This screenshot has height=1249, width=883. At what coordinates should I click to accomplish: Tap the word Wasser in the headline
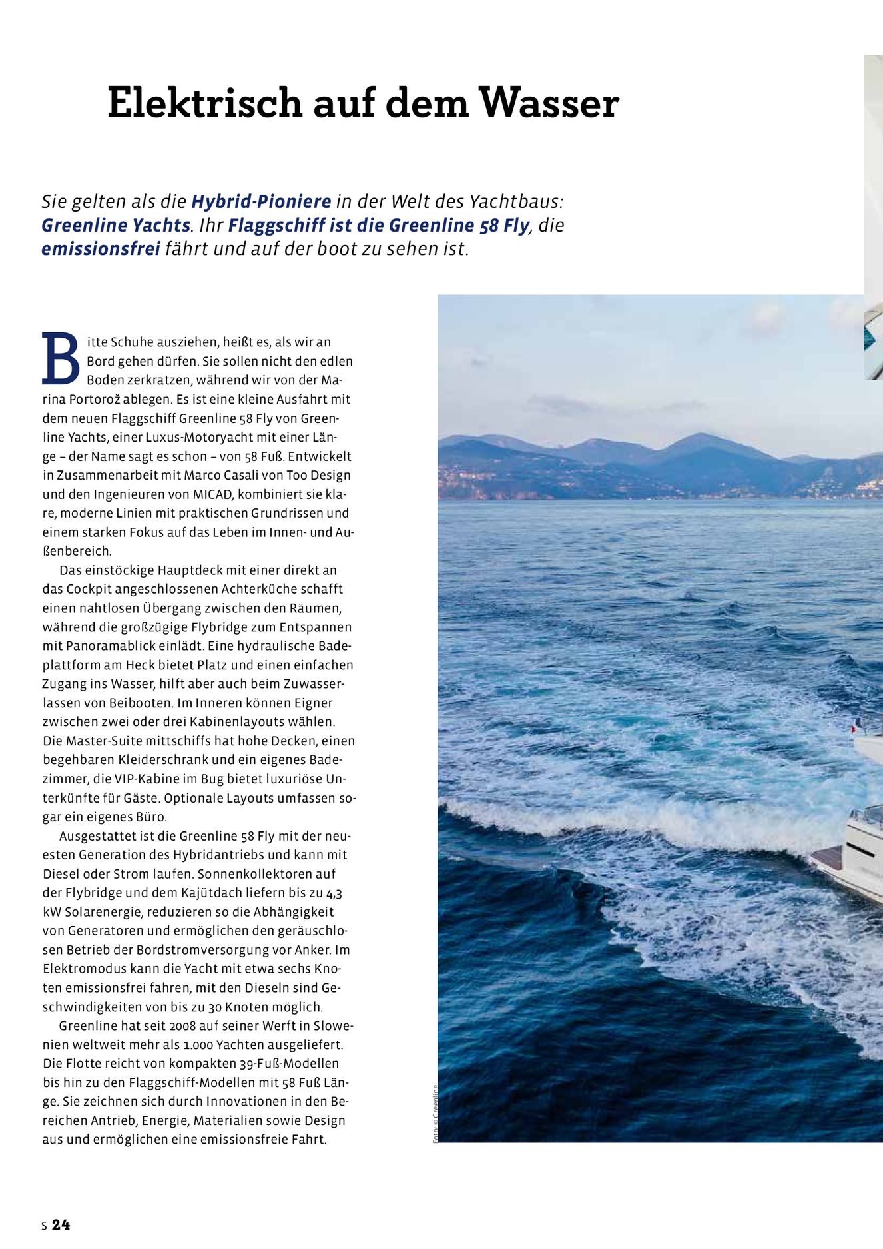549,103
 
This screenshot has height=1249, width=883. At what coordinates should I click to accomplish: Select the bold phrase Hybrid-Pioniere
261,201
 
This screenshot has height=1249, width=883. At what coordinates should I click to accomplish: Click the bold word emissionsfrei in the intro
101,249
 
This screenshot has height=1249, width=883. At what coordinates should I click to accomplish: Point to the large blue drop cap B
61,359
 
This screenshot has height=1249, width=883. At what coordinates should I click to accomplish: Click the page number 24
61,1224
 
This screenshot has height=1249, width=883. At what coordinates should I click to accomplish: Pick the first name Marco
202,476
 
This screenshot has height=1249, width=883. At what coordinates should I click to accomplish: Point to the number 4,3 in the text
334,893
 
